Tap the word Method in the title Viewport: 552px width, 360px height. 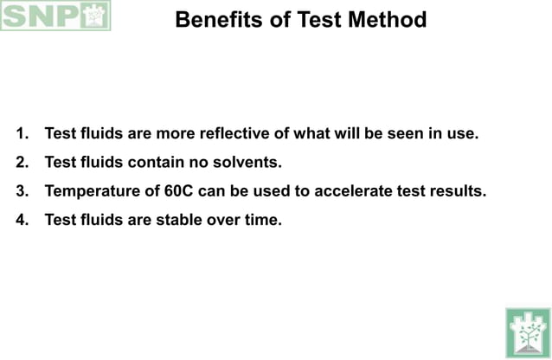click(x=386, y=20)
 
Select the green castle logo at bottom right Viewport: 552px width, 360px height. click(x=527, y=331)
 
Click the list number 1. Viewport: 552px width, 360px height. click(x=22, y=134)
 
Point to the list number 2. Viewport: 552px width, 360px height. click(x=22, y=163)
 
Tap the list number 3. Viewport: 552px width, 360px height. click(x=22, y=191)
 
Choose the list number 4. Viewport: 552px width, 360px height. click(x=22, y=220)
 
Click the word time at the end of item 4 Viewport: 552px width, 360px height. click(x=263, y=220)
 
